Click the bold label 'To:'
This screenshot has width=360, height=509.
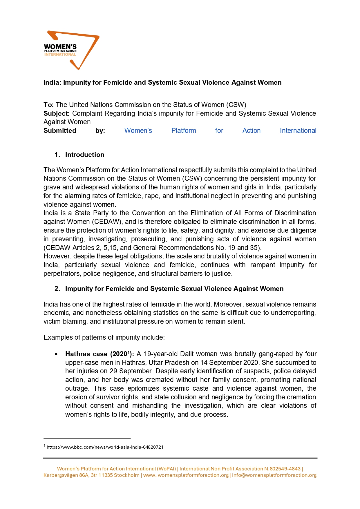(48, 105)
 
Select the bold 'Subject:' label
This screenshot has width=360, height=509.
(57, 113)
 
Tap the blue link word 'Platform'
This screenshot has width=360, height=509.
(184, 131)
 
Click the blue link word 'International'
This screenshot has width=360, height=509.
(298, 131)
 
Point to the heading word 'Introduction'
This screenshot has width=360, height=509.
(85, 155)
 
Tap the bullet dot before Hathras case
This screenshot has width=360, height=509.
(56, 354)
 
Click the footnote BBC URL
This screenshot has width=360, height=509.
(105, 447)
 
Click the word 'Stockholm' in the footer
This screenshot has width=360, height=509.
(127, 475)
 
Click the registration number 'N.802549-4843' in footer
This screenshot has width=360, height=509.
(282, 469)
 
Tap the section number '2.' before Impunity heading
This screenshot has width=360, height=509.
(57, 289)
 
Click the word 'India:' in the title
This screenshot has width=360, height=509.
(52, 82)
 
